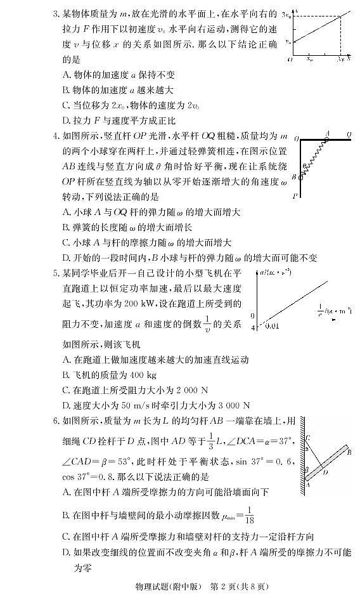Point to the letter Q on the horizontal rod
coord(349,134)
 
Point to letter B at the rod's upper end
coord(349,451)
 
